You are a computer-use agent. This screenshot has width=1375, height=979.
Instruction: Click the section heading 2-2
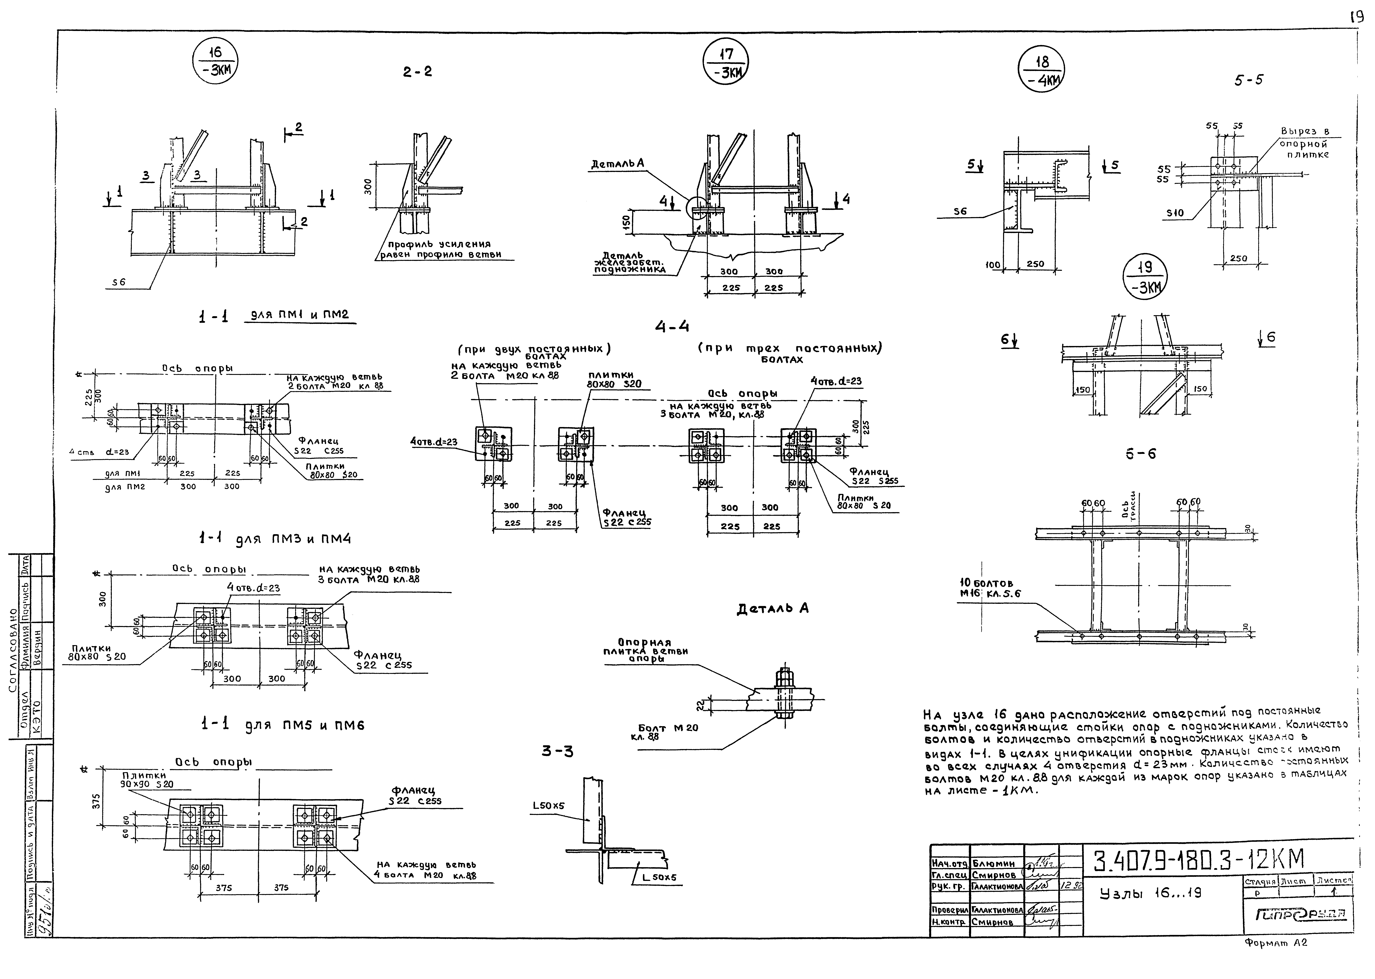(x=417, y=72)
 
